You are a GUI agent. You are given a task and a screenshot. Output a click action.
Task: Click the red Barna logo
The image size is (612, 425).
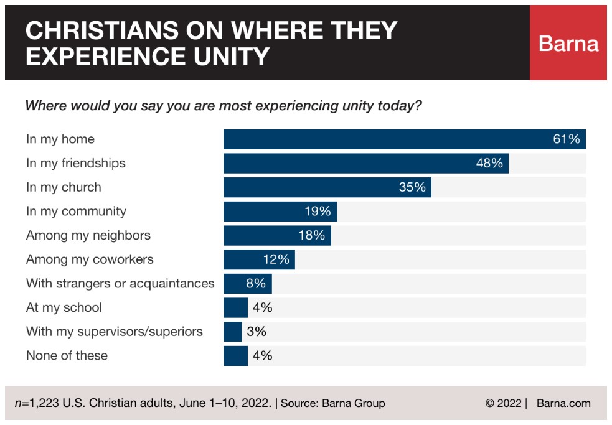click(x=568, y=43)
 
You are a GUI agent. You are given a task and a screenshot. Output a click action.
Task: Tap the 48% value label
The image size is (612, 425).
click(x=489, y=163)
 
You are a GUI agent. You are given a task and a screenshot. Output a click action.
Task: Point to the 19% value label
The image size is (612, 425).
click(x=318, y=212)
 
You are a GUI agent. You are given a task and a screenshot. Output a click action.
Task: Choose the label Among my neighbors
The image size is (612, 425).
click(x=88, y=235)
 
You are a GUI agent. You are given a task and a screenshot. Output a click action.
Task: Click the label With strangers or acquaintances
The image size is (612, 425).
click(x=120, y=284)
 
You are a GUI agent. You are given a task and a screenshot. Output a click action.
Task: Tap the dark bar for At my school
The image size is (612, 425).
click(x=235, y=307)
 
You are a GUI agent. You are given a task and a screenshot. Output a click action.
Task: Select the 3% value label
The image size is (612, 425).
click(x=257, y=332)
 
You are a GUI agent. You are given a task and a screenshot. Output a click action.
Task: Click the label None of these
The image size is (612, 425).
click(x=67, y=356)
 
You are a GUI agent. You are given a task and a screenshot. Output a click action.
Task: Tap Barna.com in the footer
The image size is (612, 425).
click(x=563, y=403)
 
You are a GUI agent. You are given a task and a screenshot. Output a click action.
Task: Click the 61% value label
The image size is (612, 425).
click(x=567, y=139)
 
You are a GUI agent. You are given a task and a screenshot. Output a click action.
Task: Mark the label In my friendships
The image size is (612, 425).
click(x=76, y=163)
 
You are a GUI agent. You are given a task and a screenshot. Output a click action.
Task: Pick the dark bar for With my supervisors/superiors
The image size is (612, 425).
click(x=233, y=332)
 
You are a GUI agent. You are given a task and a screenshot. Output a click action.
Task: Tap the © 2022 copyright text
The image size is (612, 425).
click(x=504, y=403)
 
